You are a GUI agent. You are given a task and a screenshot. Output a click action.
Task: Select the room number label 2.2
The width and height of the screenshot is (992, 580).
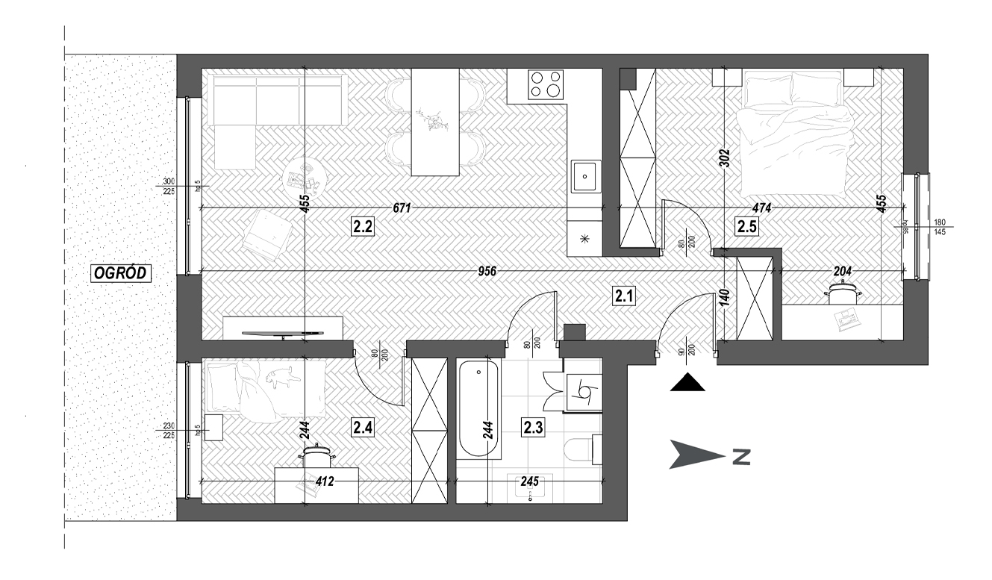tap(363, 227)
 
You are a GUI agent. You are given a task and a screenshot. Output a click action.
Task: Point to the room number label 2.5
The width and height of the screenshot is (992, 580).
tap(746, 227)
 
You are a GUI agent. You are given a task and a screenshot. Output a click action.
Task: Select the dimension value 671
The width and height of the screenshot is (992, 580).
tap(402, 208)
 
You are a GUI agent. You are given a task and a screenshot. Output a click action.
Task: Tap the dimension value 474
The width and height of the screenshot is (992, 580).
tap(761, 208)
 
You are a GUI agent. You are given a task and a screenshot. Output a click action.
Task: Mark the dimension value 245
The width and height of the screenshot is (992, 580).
tap(528, 482)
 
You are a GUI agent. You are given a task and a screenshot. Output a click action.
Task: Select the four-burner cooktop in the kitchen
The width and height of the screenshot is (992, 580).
tap(546, 84)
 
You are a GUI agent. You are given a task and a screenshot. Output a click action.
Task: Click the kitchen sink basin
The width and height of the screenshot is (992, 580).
tap(586, 178)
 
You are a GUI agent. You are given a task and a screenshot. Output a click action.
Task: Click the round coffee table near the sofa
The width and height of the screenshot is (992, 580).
tap(305, 177)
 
